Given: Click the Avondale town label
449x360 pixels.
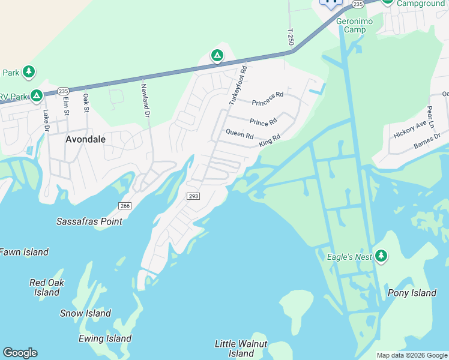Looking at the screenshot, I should [x=85, y=139].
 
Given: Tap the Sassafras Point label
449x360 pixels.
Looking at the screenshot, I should [x=89, y=221].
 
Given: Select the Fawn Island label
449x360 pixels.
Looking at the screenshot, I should [x=23, y=252].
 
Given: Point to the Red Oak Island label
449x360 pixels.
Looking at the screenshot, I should [x=47, y=287].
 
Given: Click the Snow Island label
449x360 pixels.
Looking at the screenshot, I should [x=85, y=313].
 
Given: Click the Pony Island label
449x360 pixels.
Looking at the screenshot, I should [x=412, y=293].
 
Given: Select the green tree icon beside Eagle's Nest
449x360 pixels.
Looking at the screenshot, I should [x=381, y=257].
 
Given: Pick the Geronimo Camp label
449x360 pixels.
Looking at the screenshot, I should [x=355, y=26].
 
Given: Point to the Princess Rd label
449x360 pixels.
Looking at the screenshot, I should [x=268, y=98].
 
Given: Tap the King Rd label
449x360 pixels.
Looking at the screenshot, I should [x=270, y=141].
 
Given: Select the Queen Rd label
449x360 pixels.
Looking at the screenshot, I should [x=240, y=133].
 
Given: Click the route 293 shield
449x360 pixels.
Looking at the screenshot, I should [x=193, y=196].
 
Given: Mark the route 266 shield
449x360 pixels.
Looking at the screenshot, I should [x=124, y=206].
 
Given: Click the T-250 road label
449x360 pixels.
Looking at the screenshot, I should [x=291, y=38].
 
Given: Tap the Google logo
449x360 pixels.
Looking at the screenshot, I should [x=20, y=353].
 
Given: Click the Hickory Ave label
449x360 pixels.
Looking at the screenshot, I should [x=410, y=129].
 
